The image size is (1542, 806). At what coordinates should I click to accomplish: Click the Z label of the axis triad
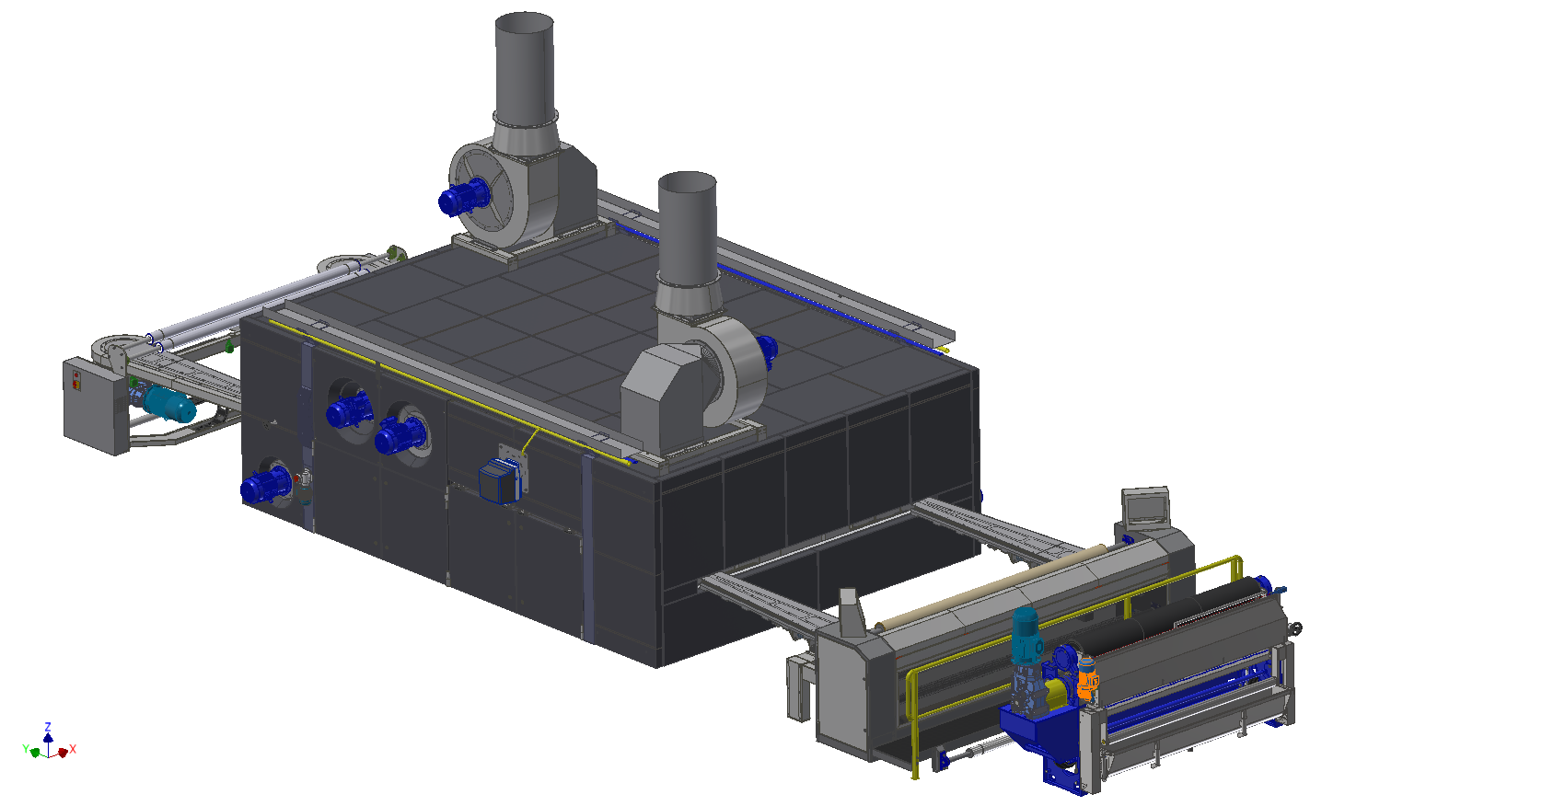(x=48, y=727)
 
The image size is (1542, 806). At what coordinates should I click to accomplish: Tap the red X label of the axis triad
(x=73, y=749)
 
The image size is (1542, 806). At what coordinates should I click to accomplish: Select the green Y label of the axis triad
(x=26, y=748)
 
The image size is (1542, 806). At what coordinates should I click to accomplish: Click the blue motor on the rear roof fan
(x=463, y=196)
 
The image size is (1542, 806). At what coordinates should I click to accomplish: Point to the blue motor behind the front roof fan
(x=766, y=349)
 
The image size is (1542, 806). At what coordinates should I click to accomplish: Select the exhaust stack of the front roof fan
(x=687, y=231)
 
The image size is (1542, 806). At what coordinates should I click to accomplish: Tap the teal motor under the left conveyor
(x=168, y=403)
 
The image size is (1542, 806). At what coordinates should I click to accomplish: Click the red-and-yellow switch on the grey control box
(x=76, y=380)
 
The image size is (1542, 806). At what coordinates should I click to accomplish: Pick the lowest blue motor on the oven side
(x=266, y=485)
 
